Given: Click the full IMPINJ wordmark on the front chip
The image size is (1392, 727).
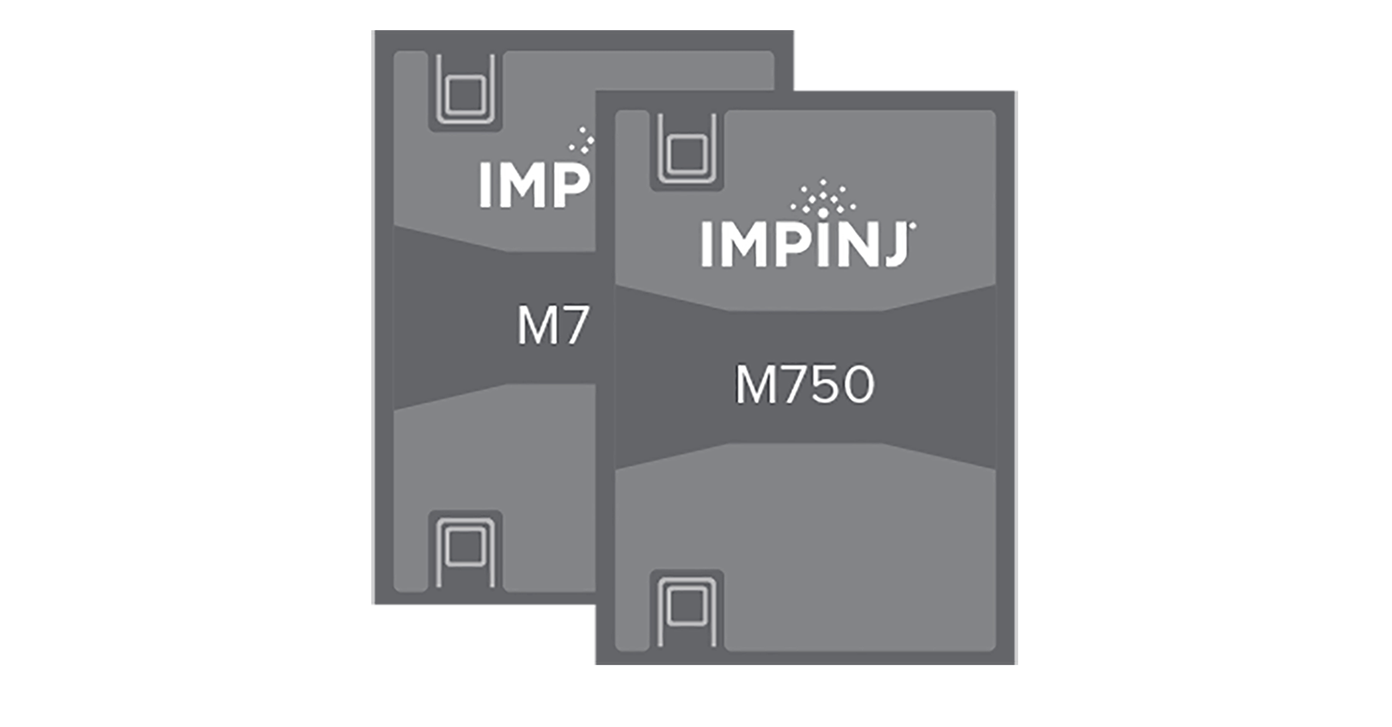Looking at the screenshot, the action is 806,245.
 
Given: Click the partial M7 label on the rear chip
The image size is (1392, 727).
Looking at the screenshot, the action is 553,326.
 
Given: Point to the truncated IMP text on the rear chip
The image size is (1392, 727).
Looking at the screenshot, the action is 534,185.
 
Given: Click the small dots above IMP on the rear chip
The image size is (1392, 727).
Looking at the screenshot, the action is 583,141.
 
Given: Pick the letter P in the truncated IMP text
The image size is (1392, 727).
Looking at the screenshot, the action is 571,185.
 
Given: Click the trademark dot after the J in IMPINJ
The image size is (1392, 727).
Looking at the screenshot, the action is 913,227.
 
